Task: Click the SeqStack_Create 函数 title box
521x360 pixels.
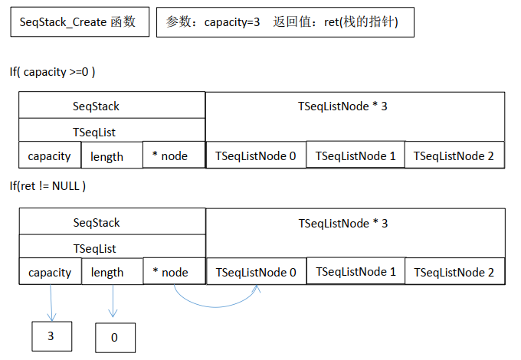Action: tap(77, 22)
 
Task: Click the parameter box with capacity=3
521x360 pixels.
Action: tap(286, 23)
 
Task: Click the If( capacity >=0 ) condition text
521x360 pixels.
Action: tap(53, 72)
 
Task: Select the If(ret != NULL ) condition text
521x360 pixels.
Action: tap(48, 186)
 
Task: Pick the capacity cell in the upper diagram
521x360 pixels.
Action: tap(50, 156)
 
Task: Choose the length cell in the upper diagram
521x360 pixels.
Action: tap(107, 156)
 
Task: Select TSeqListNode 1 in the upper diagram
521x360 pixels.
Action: tap(356, 155)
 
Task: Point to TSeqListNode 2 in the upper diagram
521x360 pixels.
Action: tap(454, 156)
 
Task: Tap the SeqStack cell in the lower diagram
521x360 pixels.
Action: tap(97, 223)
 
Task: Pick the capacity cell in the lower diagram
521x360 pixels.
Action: tap(50, 273)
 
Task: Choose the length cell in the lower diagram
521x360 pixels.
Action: tap(107, 273)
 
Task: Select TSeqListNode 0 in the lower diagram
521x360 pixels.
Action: tap(256, 273)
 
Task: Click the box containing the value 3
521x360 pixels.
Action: tap(51, 335)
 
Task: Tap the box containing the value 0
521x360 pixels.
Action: tap(115, 336)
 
